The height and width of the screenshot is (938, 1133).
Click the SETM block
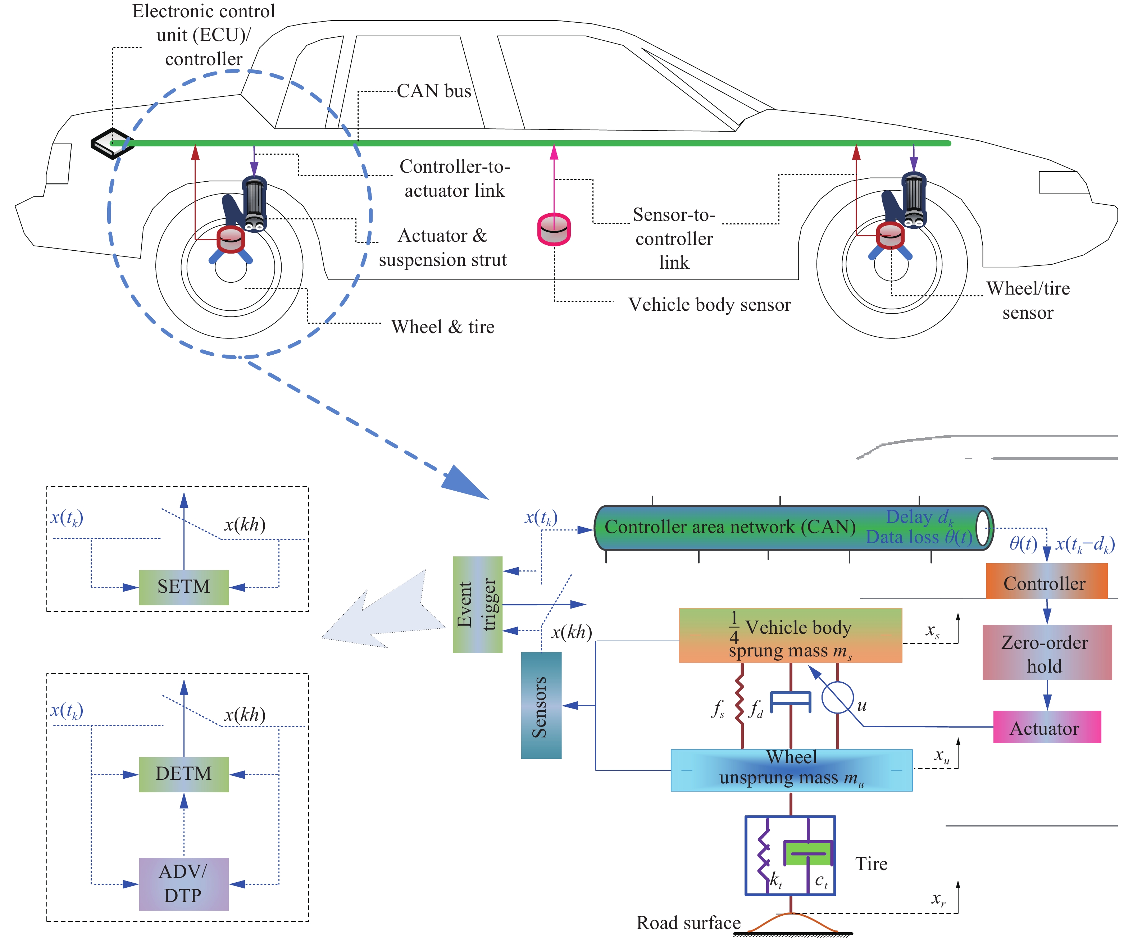coord(183,587)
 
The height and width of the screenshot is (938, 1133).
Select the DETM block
coord(183,774)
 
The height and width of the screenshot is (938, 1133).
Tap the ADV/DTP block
coord(183,884)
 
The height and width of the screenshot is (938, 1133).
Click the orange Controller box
coord(1046,582)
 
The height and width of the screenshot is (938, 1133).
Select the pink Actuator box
coord(1046,727)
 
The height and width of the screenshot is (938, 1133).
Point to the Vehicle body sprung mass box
coord(790,636)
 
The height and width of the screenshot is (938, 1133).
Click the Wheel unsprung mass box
coord(791,770)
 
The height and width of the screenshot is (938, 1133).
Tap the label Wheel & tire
coord(442,327)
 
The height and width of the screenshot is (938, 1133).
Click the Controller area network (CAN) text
coord(729,527)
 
